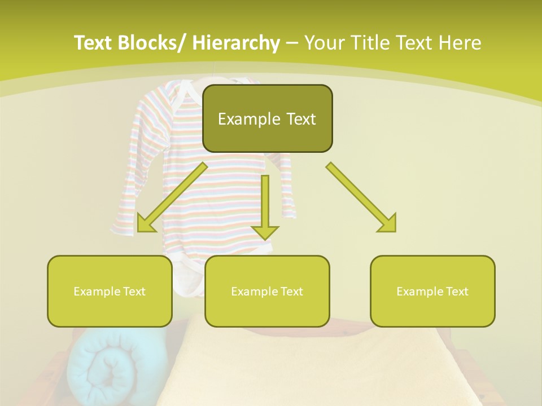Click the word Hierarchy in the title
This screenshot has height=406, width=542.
236,43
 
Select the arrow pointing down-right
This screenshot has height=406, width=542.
361,197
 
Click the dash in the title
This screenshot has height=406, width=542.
291,43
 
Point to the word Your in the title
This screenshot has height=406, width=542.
324,43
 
